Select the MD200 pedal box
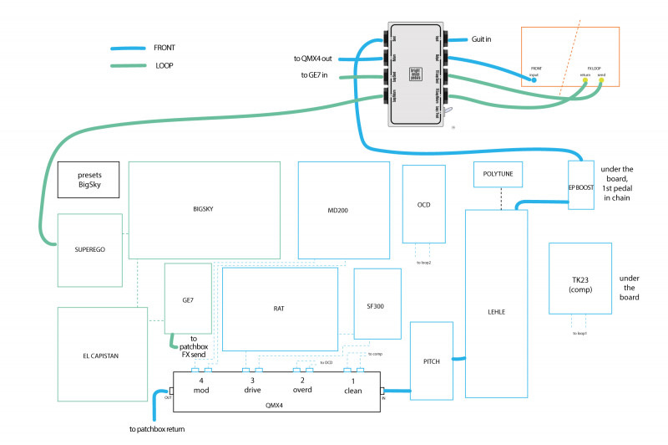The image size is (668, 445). coord(344,210)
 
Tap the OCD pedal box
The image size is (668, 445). coord(423,204)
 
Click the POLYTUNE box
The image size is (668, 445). coord(498,173)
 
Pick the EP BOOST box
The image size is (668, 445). coord(581,187)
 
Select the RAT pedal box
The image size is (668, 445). coord(279,309)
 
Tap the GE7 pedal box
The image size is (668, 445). coord(188,299)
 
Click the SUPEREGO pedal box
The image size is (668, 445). coord(89,249)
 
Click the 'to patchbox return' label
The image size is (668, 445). coord(157,430)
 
